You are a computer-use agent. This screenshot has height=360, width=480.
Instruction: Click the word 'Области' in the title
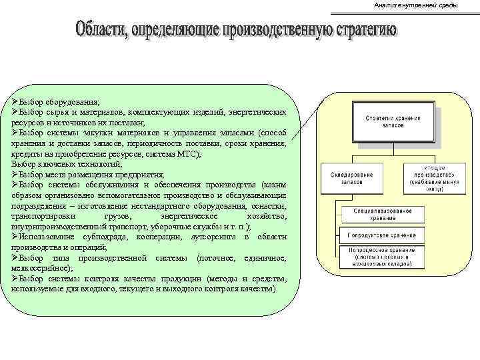101,31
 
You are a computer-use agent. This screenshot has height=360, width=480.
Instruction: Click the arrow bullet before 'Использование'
15,237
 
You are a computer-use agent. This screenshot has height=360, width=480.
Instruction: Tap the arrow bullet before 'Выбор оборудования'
15,102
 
